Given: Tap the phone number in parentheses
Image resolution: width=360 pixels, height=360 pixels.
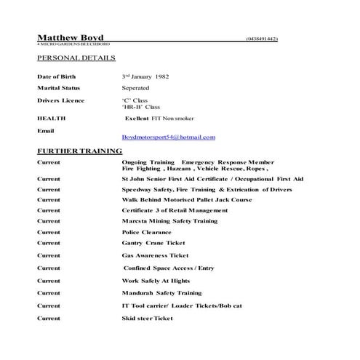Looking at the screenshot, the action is pyautogui.click(x=262, y=39).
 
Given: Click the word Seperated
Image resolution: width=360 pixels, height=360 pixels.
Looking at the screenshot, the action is pyautogui.click(x=140, y=88).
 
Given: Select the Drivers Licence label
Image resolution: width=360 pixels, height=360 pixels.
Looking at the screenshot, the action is pyautogui.click(x=60, y=100).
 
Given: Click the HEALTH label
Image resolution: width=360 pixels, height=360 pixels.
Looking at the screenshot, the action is pyautogui.click(x=51, y=118).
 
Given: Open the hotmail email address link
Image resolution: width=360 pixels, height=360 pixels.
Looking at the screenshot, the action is pyautogui.click(x=169, y=137).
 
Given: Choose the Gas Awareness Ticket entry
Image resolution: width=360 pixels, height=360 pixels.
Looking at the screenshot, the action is pyautogui.click(x=155, y=256).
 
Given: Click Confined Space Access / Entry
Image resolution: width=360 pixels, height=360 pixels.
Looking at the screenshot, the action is pyautogui.click(x=169, y=268).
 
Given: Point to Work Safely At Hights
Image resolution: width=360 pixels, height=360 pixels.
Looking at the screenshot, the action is pyautogui.click(x=156, y=281).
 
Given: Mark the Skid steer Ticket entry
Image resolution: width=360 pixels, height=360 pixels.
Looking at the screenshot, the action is pyautogui.click(x=148, y=319).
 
